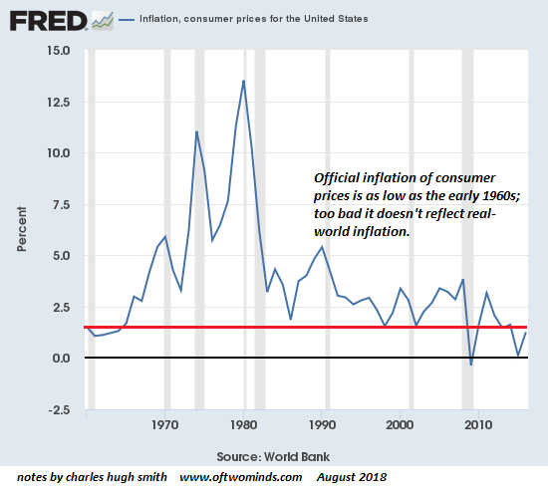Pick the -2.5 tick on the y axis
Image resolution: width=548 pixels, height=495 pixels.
pos(58,409)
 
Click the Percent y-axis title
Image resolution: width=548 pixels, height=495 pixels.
pos(21,230)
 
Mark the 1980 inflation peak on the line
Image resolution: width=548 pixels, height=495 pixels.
pos(244,81)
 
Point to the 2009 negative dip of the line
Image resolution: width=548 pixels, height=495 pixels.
pos(471,366)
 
